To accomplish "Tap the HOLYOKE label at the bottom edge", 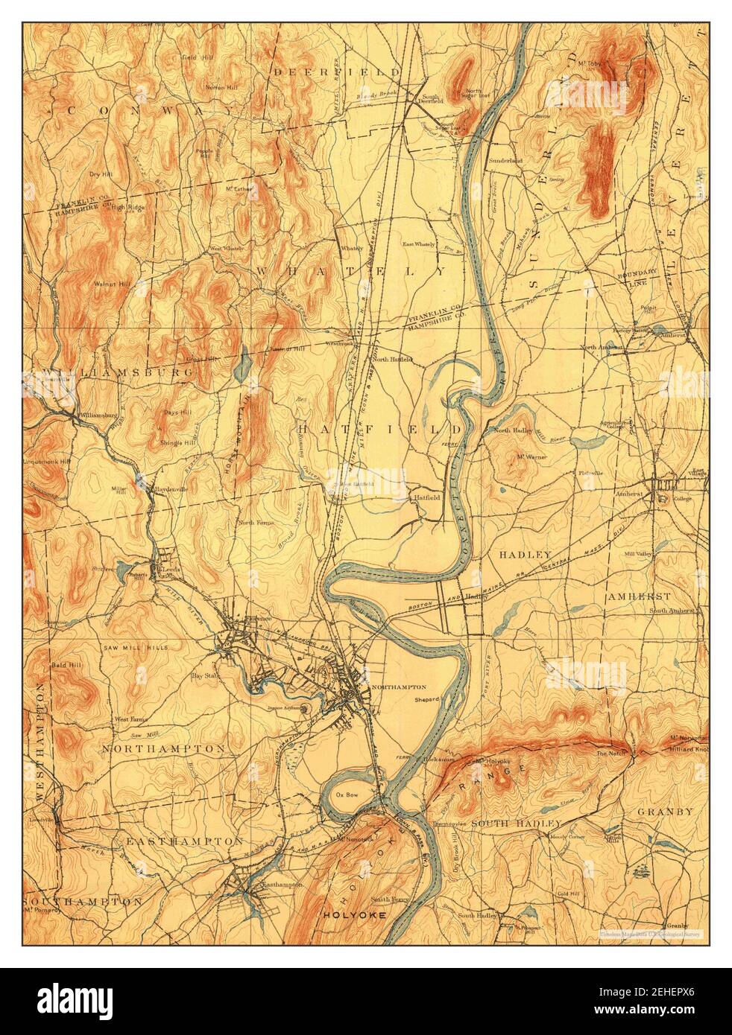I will [x=355, y=915].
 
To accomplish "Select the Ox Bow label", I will [x=344, y=794].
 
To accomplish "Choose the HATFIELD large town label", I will [x=380, y=430].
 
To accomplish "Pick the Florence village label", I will [x=259, y=618].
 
